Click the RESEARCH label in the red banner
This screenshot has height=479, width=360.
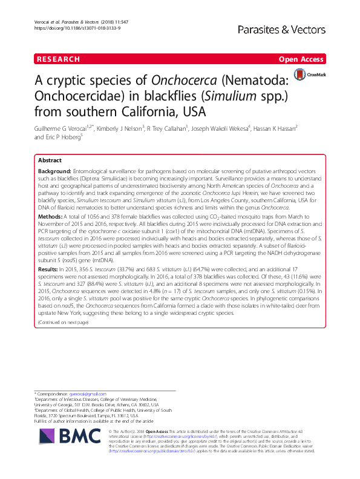(58, 59)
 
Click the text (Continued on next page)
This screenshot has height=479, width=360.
(63, 323)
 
